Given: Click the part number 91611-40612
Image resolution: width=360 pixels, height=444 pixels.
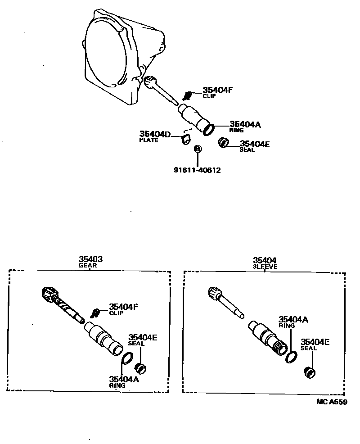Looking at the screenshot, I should coord(197,170).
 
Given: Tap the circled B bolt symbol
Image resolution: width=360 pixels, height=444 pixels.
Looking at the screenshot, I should coord(198,149).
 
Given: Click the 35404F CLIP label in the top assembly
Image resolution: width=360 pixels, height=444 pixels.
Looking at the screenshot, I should coord(217,92).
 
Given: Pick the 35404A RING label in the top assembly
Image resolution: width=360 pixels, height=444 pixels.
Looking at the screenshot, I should coord(245,127).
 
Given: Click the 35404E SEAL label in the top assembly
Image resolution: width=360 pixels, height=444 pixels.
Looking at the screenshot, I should coord(254,146).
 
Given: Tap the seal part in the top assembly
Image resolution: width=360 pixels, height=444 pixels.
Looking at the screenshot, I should coord(222,143).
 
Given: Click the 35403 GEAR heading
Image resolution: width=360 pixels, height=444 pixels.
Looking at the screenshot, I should coord(91,262).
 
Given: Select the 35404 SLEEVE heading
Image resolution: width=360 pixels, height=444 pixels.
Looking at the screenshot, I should coord(265,263).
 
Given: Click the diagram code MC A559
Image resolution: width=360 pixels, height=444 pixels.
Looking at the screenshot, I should coord(331,402).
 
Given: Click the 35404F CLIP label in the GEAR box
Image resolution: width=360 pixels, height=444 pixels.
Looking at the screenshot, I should coord(123,309).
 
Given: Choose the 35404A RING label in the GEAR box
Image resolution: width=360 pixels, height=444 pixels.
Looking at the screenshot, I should coord(123,381).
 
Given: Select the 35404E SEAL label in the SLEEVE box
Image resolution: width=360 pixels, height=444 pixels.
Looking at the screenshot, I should coord(315,344).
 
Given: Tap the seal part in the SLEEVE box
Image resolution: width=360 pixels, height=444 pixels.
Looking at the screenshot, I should coord(310,372).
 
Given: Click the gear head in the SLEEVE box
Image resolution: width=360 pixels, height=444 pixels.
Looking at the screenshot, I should coord(213,293).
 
